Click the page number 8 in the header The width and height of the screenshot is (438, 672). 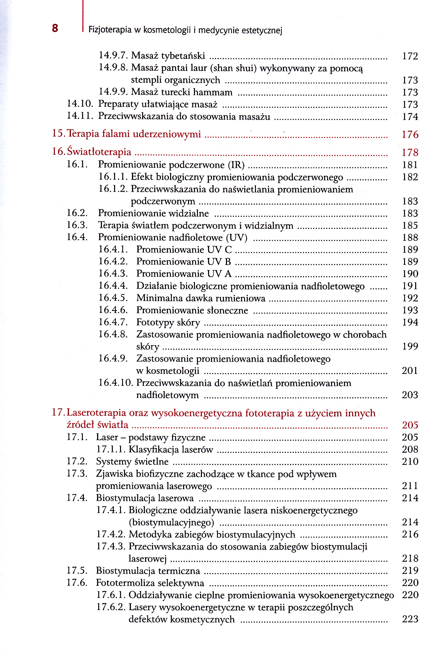(55, 28)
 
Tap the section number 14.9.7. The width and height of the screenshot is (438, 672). (113, 55)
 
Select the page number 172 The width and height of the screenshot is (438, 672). (410, 56)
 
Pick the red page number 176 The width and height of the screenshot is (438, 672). (410, 134)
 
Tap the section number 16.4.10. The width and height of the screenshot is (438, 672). (116, 383)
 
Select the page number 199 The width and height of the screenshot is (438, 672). (410, 346)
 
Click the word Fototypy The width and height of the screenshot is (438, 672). (154, 322)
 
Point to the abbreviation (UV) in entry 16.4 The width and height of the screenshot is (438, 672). (237, 237)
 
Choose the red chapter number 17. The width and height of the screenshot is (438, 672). (58, 413)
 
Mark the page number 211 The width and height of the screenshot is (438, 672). (410, 486)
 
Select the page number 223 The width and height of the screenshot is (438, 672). (410, 619)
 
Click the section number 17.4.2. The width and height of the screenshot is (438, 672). (111, 534)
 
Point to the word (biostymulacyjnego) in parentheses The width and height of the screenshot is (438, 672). (171, 522)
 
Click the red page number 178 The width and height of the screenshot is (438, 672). (410, 152)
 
